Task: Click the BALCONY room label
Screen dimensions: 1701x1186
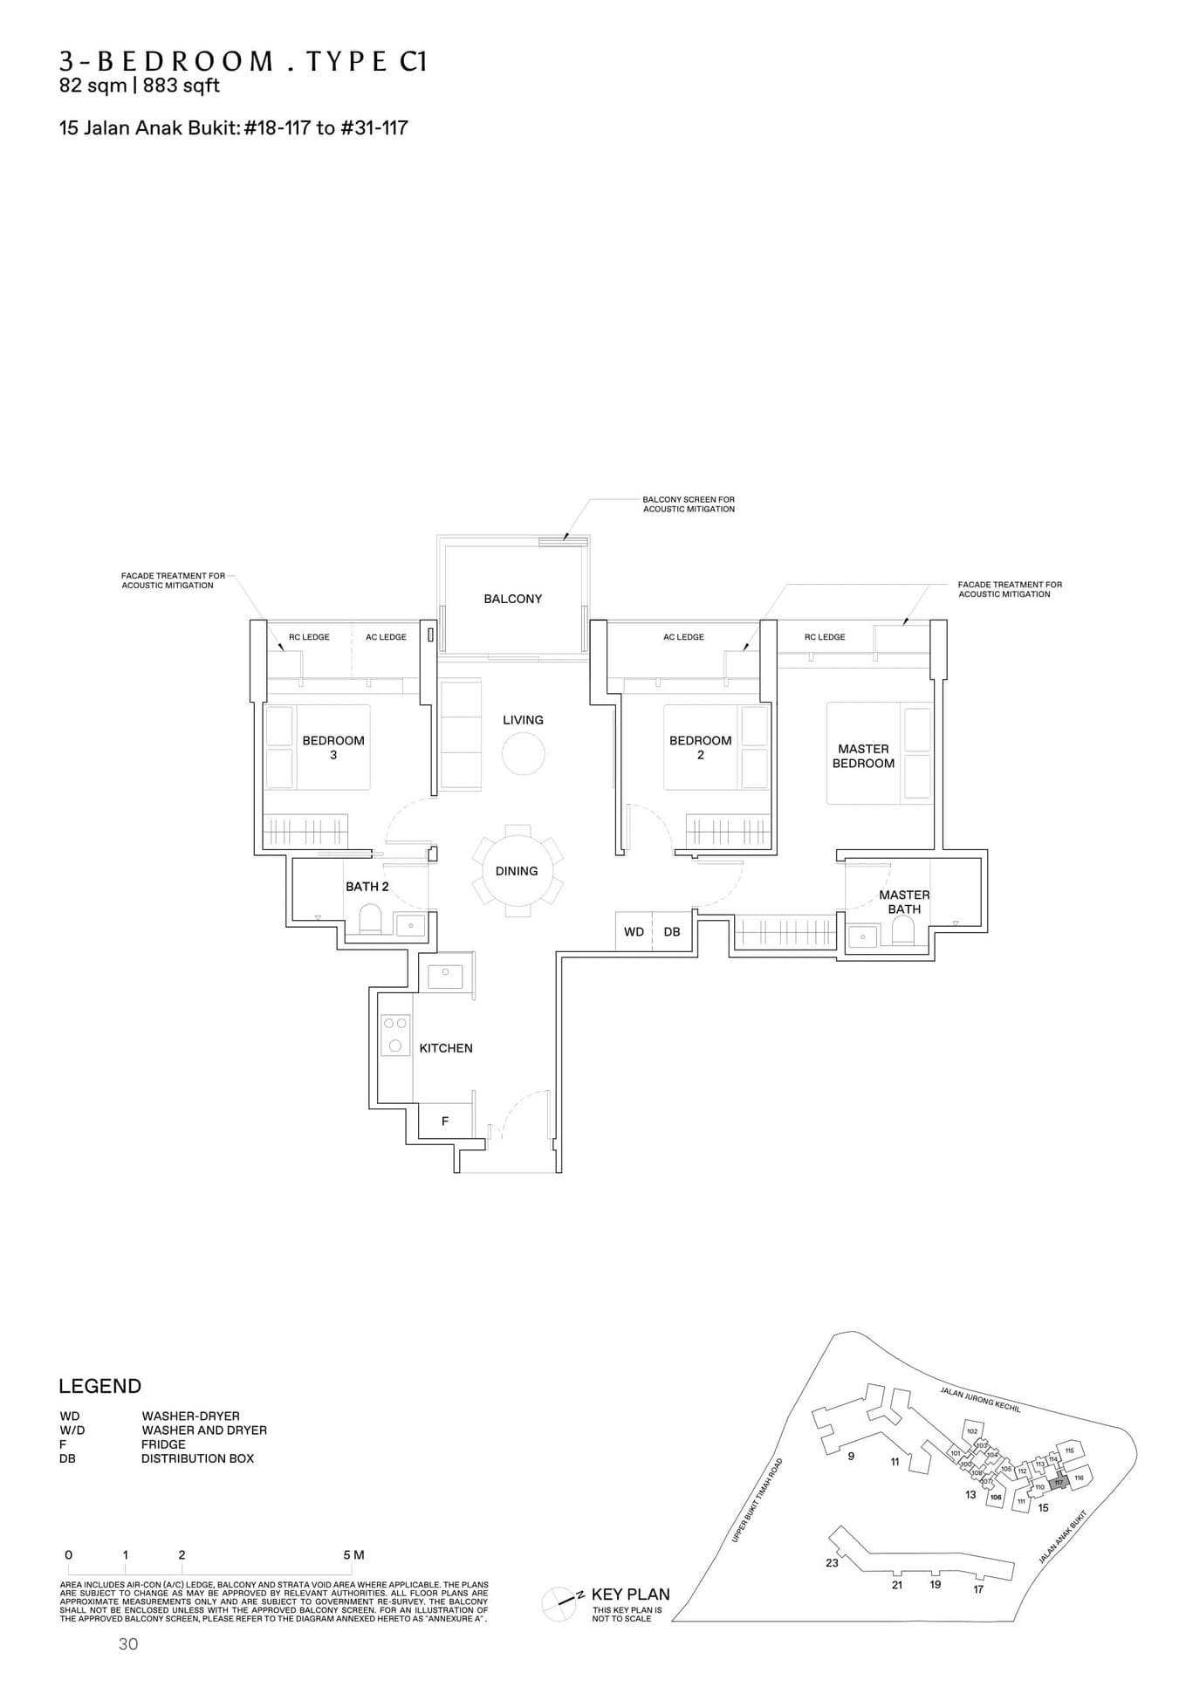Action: (512, 599)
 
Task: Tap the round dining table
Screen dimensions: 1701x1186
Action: (517, 870)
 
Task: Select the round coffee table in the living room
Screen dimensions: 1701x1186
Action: (523, 753)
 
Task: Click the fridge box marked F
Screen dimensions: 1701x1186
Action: (445, 1121)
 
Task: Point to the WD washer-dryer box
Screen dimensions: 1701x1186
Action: (634, 932)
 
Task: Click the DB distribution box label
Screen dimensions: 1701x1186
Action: (672, 932)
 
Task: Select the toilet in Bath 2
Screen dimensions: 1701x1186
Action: (370, 919)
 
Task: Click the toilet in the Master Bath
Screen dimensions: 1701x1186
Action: (902, 933)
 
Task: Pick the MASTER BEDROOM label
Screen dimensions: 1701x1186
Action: (863, 756)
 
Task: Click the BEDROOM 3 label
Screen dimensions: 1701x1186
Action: (333, 747)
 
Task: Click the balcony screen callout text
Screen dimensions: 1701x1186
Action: (689, 504)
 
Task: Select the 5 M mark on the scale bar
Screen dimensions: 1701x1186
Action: (353, 1554)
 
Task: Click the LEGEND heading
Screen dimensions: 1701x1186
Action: (99, 1386)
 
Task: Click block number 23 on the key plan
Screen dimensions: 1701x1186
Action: (832, 1562)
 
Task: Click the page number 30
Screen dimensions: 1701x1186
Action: (128, 1644)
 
